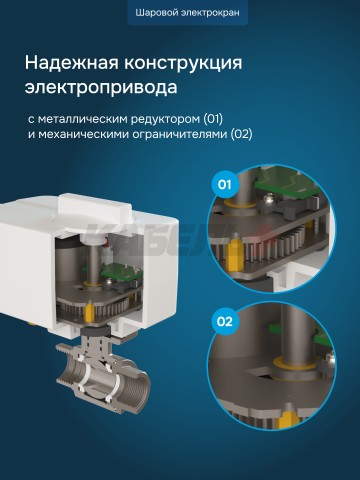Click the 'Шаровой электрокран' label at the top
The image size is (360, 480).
coord(180,14)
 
